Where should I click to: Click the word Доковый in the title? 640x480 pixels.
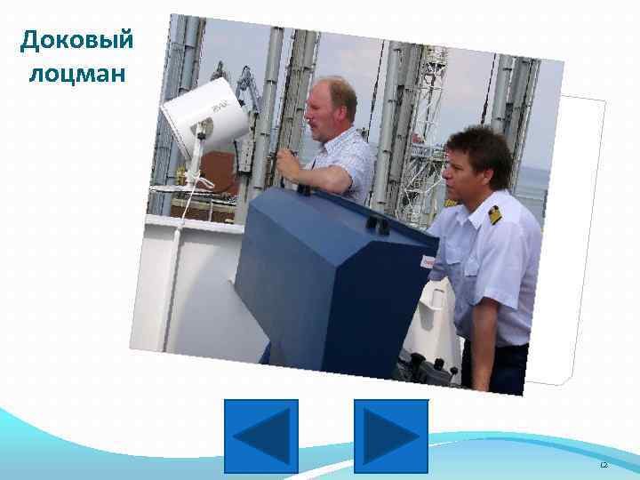76,40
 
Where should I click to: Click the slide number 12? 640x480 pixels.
604,465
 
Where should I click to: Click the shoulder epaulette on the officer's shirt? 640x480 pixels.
494,214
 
